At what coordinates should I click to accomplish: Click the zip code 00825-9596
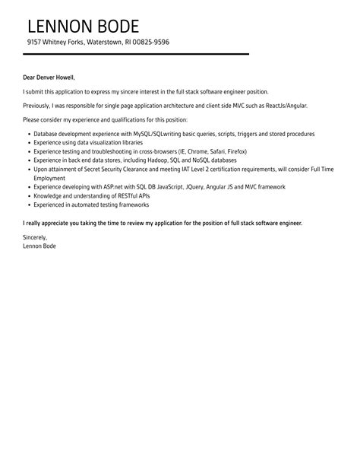point(150,42)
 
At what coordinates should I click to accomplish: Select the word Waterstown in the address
point(103,42)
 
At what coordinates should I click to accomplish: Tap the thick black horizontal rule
point(137,54)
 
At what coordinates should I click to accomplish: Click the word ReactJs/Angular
point(289,106)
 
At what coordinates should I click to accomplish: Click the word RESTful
point(115,196)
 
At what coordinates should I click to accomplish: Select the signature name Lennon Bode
point(39,246)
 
